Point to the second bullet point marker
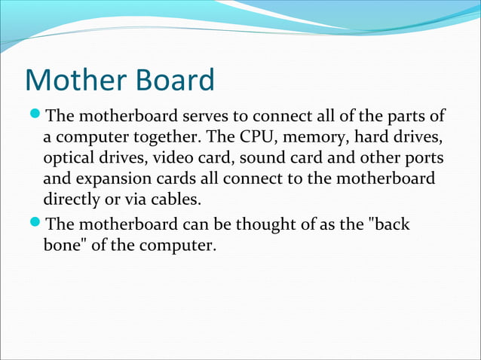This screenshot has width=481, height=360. coord(35,224)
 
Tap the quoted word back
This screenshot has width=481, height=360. coord(387,224)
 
